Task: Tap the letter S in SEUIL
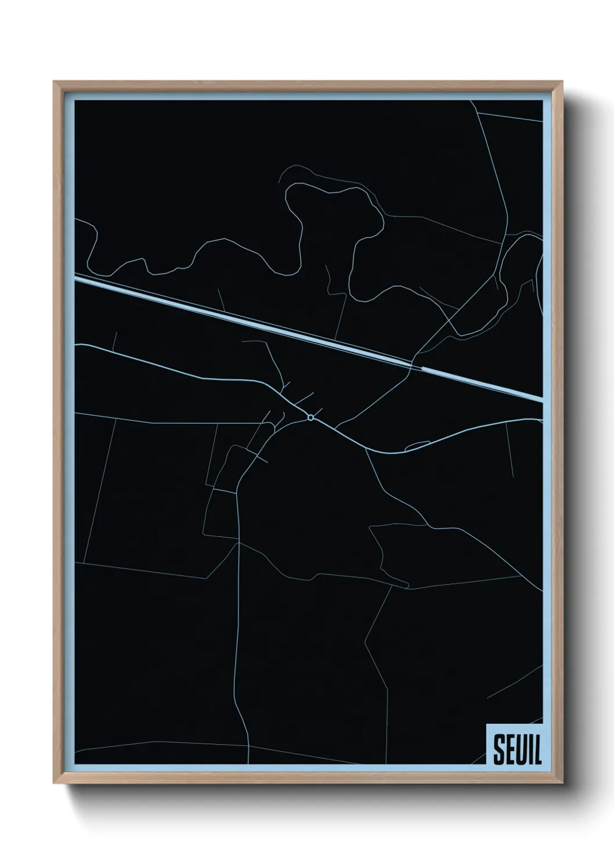(499, 750)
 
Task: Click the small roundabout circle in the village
(311, 417)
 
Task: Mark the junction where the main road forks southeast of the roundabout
(366, 448)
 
